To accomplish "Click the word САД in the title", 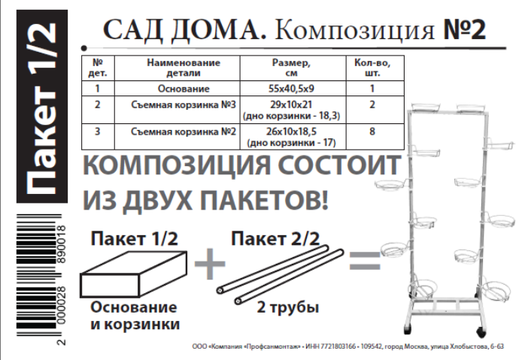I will [130, 29].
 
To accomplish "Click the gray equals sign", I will [365, 263].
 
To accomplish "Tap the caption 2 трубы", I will [288, 307].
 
